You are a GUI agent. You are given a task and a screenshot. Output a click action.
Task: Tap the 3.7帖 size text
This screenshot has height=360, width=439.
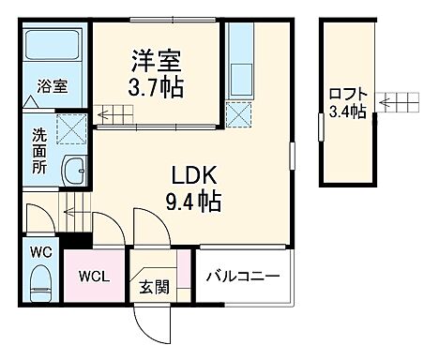[x=156, y=89]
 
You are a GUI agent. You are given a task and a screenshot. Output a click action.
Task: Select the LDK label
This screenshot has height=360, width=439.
[x=194, y=174]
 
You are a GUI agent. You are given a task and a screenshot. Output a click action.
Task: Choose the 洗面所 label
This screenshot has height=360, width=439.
[x=34, y=147]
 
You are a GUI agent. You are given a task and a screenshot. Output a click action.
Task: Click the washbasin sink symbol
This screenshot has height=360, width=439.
[x=72, y=172]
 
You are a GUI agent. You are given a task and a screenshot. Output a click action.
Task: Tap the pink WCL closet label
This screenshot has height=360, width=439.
[x=94, y=277]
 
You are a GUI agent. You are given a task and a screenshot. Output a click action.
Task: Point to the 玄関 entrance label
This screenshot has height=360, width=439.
[x=156, y=287]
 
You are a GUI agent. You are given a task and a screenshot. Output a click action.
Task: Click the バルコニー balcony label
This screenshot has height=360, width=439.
[x=243, y=277]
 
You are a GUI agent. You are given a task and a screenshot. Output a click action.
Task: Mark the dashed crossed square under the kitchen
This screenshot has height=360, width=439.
[x=240, y=117]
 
